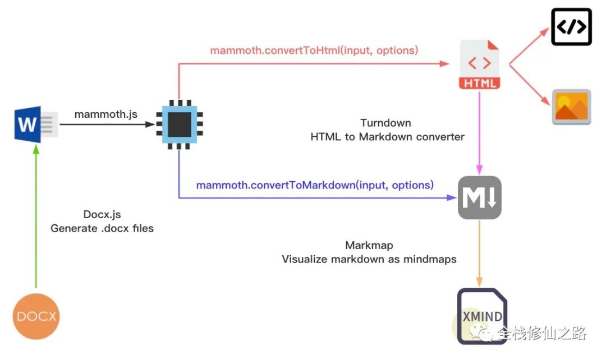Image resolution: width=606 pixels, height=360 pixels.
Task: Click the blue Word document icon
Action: pyautogui.click(x=36, y=124)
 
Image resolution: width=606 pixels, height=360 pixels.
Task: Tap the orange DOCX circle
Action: pyautogui.click(x=36, y=316)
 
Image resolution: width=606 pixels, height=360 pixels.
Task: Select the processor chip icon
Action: pyautogui.click(x=180, y=124)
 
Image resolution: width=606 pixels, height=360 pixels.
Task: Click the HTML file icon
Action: pyautogui.click(x=479, y=64)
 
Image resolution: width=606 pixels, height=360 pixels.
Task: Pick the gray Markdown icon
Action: pyautogui.click(x=480, y=197)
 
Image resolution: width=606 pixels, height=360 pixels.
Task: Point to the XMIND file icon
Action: pyautogui.click(x=482, y=316)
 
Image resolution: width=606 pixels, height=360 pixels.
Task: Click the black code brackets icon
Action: pyautogui.click(x=571, y=27)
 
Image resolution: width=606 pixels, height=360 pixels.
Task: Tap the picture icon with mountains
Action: pyautogui.click(x=571, y=107)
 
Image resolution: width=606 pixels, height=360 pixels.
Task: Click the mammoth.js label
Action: pyautogui.click(x=106, y=114)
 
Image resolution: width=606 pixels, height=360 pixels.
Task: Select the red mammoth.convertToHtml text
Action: pyautogui.click(x=314, y=50)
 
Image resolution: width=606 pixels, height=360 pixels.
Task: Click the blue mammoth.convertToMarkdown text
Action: pyautogui.click(x=315, y=185)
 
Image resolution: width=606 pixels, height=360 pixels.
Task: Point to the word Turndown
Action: pyautogui.click(x=385, y=123)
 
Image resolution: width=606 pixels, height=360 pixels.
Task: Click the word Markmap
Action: pyautogui.click(x=369, y=245)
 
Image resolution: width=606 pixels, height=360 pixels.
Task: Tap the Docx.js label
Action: pyautogui.click(x=102, y=214)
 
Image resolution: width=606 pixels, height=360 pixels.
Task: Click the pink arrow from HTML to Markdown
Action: pyautogui.click(x=479, y=132)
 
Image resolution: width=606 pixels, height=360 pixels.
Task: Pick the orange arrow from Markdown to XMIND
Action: pyautogui.click(x=479, y=253)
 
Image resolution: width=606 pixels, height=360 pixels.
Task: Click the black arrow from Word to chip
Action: pyautogui.click(x=107, y=124)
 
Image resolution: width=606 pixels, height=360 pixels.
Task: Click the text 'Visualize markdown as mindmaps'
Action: pyautogui.click(x=369, y=259)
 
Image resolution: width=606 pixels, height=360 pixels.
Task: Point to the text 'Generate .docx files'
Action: pyautogui.click(x=102, y=228)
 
